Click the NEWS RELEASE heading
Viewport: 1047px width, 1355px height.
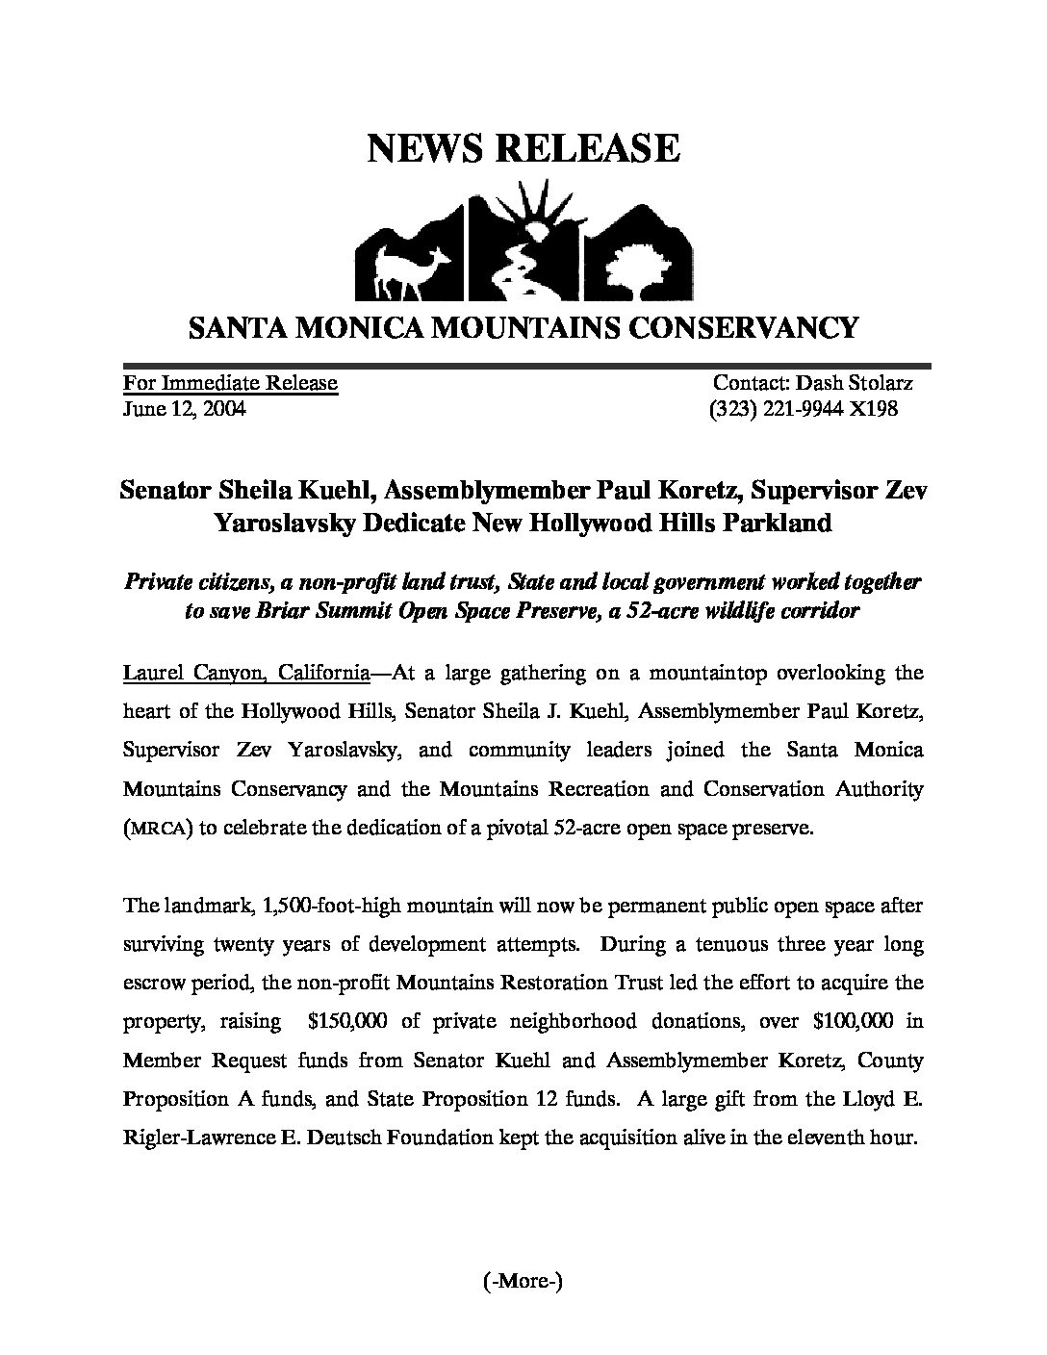pos(523,148)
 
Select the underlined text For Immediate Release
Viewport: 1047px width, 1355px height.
pos(230,383)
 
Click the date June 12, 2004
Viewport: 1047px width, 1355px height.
pos(184,409)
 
